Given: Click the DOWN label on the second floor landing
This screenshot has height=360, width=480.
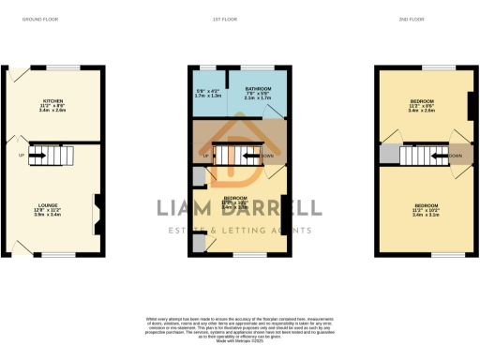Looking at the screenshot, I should tap(456, 156).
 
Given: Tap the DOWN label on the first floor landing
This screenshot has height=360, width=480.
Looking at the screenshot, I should tap(266, 156).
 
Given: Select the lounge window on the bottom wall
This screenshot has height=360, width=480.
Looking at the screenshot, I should tap(59, 254).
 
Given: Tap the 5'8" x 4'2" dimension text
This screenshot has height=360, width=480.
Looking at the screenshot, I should tap(208, 90).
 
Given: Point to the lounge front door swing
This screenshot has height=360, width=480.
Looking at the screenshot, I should tap(21, 245).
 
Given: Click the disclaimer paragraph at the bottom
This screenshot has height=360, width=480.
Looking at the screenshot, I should tap(239, 328).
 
